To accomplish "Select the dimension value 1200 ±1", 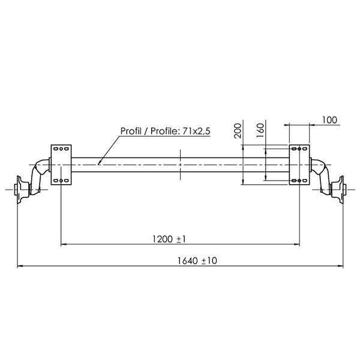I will (x=169, y=239).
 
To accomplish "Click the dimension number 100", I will (x=329, y=119).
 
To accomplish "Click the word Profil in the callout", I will (x=131, y=131).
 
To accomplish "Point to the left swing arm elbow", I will (x=41, y=168).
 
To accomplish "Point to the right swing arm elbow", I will (x=319, y=168).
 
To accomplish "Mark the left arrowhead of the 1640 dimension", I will (x=20, y=266).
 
